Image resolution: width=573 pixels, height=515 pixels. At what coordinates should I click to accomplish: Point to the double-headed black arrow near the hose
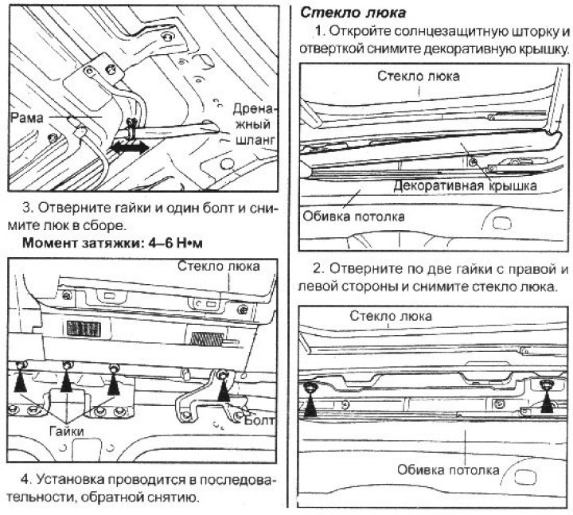128,148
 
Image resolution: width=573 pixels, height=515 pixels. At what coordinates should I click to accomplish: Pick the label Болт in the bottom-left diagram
259,417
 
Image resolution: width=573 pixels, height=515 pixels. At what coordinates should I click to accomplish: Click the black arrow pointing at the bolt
225,388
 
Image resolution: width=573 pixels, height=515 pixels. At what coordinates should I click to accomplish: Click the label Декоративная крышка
465,185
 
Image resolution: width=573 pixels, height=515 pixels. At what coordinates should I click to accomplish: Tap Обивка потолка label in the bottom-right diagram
449,469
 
